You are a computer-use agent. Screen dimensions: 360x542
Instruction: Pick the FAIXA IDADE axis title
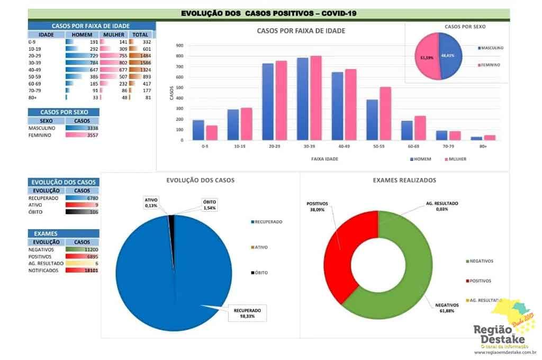click(x=325, y=159)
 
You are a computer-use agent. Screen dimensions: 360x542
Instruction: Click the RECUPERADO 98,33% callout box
click(x=247, y=313)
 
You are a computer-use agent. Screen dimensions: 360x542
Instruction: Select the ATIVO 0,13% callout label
click(x=152, y=203)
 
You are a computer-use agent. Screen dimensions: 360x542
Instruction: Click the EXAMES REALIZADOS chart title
click(x=404, y=180)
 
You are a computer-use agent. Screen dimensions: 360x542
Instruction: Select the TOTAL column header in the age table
click(x=141, y=34)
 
